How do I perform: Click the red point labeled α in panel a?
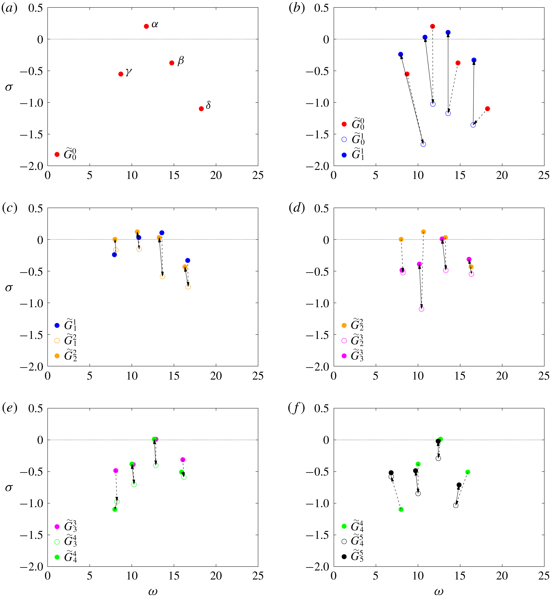click(x=146, y=26)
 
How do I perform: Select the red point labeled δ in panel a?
click(x=201, y=109)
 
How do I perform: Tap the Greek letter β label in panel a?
click(x=181, y=61)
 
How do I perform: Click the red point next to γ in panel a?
click(x=121, y=74)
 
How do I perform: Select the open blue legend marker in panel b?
click(x=344, y=139)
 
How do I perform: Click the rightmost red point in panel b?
click(x=487, y=109)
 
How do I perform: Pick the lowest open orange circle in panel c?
click(x=188, y=287)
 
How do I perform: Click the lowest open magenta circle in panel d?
click(x=421, y=309)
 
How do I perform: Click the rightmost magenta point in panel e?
click(x=183, y=460)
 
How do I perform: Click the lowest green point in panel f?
click(x=401, y=509)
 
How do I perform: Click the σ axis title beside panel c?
click(x=9, y=288)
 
